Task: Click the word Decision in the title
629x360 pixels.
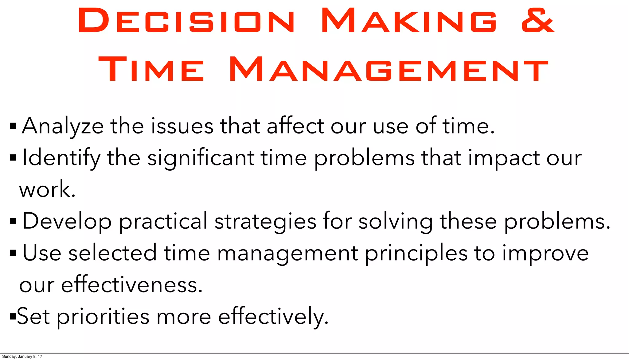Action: [x=186, y=21]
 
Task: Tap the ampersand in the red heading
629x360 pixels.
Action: [x=538, y=21]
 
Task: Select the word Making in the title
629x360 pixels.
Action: [x=409, y=21]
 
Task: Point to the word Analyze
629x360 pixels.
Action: [x=63, y=126]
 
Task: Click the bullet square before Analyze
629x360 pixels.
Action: [x=13, y=126]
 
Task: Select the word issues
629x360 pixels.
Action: [x=182, y=126]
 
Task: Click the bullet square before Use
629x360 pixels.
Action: [x=13, y=253]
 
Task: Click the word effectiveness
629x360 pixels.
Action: [x=132, y=285]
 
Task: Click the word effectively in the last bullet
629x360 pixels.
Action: [x=273, y=316]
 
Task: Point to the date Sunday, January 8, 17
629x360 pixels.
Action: [x=22, y=356]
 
